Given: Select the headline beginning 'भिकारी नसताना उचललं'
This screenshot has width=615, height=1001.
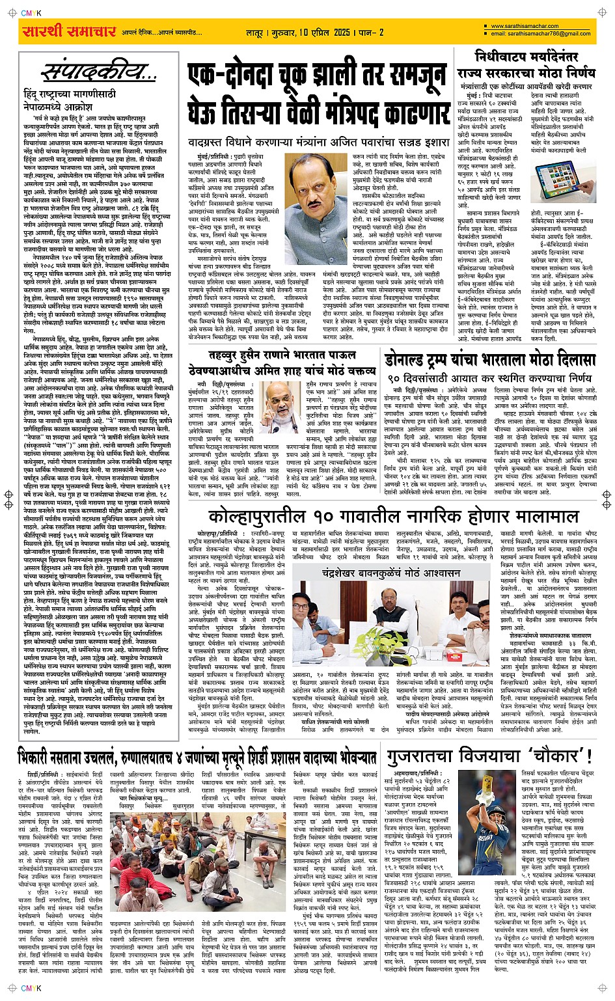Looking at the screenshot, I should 197,758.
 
